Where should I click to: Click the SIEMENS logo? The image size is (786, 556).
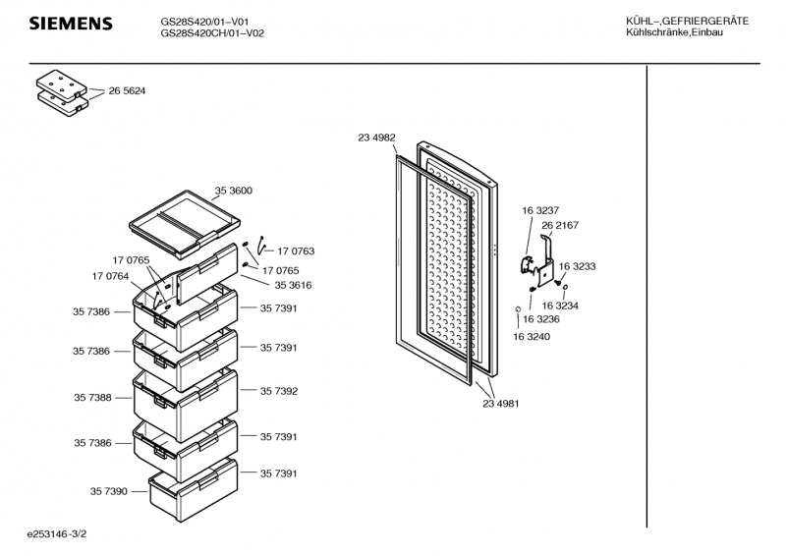[70, 24]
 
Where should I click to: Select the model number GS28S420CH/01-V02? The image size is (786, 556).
[212, 33]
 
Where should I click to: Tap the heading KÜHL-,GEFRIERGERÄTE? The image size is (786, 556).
[687, 22]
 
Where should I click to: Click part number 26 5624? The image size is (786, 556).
[127, 90]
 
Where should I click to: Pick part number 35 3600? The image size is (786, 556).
[234, 191]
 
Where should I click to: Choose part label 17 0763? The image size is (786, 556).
[296, 251]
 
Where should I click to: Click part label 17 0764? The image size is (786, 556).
[111, 276]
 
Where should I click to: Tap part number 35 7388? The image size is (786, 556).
[91, 398]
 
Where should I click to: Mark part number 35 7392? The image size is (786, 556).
[279, 391]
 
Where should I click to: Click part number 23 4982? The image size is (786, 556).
[376, 139]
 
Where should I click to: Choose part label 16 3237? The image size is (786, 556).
[540, 211]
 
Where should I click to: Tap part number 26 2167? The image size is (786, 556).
[560, 225]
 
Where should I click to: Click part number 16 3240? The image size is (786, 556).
[531, 337]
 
